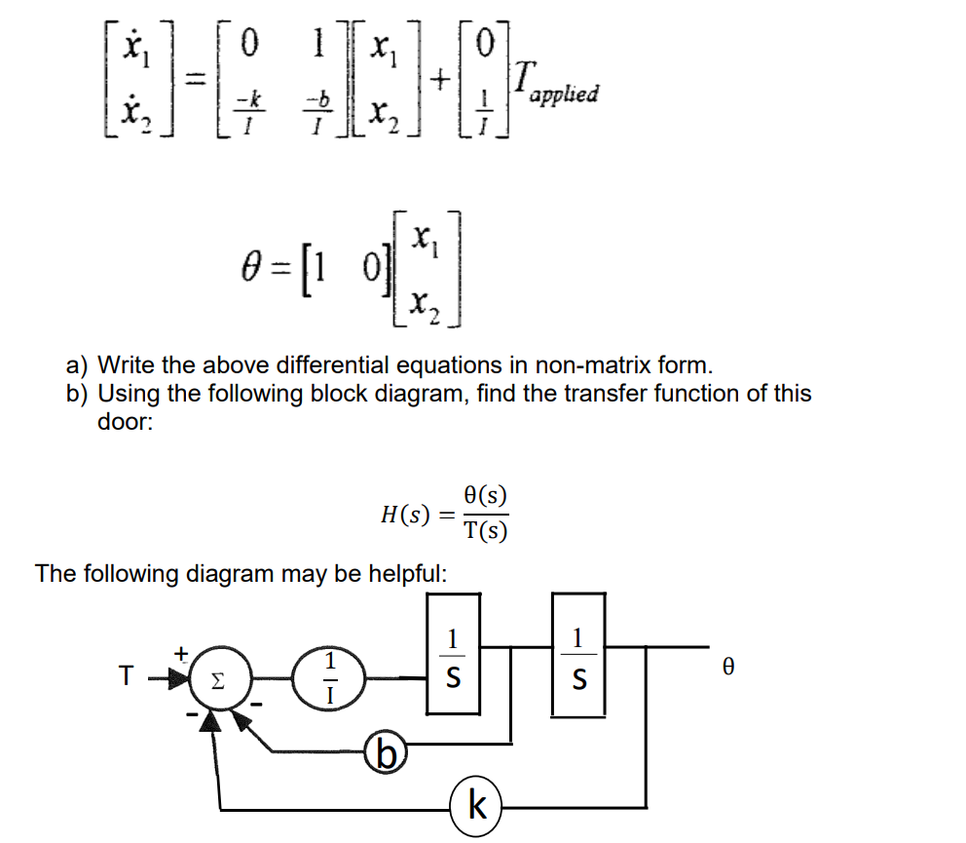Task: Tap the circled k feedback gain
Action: point(476,806)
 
